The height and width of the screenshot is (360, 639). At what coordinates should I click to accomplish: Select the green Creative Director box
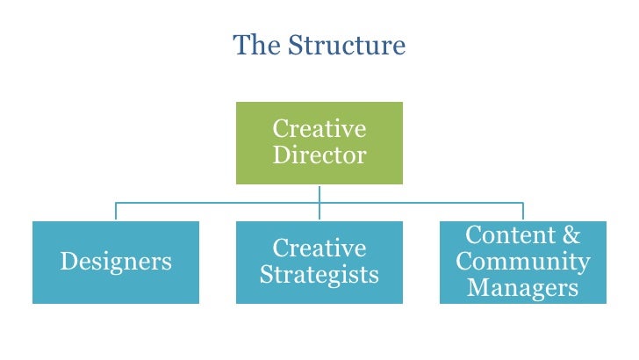[319, 143]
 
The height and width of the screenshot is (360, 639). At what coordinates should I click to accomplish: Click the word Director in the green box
[319, 156]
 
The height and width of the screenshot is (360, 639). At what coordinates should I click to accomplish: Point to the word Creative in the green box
[319, 129]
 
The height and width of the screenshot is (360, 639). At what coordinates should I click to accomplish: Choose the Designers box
[116, 262]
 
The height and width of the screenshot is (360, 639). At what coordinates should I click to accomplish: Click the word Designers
[116, 262]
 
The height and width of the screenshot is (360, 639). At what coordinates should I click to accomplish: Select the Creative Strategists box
[319, 262]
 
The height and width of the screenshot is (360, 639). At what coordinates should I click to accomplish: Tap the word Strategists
[319, 275]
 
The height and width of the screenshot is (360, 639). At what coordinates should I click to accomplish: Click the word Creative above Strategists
[319, 248]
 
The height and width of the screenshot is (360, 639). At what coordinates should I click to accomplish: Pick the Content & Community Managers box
[522, 262]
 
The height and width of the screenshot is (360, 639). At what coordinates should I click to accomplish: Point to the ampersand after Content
[571, 235]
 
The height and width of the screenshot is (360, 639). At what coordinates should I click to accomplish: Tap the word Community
[522, 262]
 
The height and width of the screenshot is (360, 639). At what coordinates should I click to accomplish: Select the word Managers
[522, 287]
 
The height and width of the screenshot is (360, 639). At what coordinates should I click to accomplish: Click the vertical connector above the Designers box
[116, 212]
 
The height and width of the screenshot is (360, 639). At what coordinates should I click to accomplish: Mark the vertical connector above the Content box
[522, 212]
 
